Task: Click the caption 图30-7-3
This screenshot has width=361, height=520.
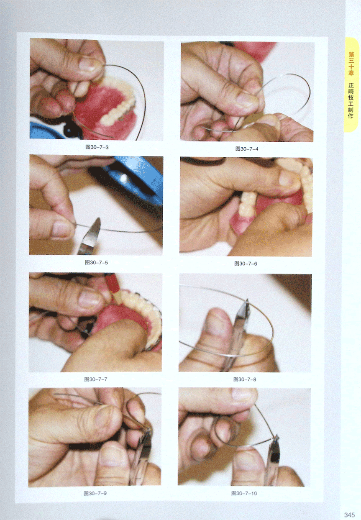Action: (x=97, y=147)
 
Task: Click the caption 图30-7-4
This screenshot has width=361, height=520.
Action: (x=247, y=149)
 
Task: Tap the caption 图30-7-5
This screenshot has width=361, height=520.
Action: (x=96, y=263)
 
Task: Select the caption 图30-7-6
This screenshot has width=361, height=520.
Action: (x=246, y=264)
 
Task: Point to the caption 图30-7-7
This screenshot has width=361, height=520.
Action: (x=96, y=379)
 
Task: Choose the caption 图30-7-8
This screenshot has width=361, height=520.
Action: (x=245, y=379)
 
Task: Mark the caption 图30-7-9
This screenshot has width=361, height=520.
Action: (x=95, y=493)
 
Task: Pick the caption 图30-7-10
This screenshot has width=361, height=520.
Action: (x=244, y=493)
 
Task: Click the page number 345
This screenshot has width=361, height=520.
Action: (x=349, y=514)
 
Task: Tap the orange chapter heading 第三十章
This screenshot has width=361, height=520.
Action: (x=351, y=64)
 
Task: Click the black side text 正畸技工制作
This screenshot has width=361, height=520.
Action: (x=351, y=100)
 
